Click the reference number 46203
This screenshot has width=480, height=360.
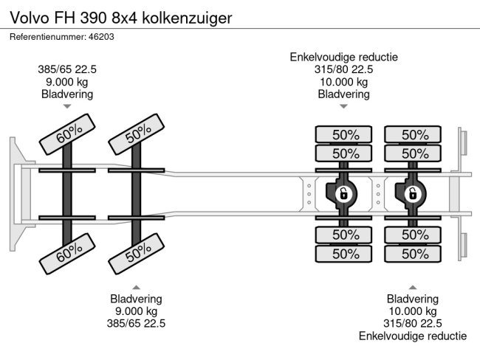pos(101,37)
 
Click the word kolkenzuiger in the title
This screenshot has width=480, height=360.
pos(187,18)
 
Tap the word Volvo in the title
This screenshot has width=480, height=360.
pos(30,18)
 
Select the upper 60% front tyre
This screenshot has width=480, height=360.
pos(67,134)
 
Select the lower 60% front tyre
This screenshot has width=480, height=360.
pos(67,254)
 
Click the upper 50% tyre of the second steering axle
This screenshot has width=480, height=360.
pos(137,134)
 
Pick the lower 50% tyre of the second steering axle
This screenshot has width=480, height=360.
pos(137,254)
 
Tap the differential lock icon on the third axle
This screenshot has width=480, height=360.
pos(343,194)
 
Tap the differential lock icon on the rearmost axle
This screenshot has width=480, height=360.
pos(413,194)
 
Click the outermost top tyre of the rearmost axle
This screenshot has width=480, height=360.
pos(413,134)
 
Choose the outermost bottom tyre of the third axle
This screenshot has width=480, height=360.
pos(343,254)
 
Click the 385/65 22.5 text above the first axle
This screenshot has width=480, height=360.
pos(67,69)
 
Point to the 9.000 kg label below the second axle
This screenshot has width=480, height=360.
pos(136,311)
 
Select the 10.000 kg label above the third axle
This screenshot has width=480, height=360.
pos(344,82)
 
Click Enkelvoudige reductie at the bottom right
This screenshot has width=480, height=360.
pos(413,336)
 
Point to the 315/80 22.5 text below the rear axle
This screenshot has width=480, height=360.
pos(413,324)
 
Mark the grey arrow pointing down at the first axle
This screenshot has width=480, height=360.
pos(67,106)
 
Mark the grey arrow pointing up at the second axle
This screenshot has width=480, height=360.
pos(136,287)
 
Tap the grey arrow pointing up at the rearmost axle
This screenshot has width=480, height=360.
pos(413,287)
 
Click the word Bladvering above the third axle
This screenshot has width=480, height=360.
pos(344,94)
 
